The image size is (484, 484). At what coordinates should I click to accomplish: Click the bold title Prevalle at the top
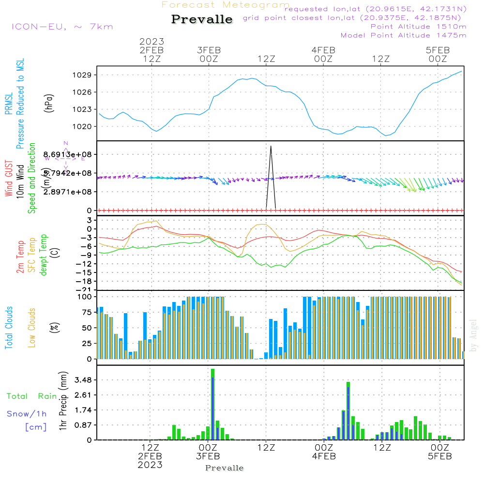[x=202, y=20]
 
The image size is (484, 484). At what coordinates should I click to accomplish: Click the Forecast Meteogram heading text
[x=226, y=5]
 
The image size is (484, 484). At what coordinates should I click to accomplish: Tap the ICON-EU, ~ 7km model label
[x=62, y=27]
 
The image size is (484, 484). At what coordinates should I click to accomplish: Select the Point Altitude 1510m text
[x=418, y=27]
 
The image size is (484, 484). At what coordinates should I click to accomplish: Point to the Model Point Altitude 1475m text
[x=404, y=35]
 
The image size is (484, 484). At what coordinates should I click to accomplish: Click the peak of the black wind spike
[x=271, y=146]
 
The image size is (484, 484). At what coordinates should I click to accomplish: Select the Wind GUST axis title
[x=9, y=179]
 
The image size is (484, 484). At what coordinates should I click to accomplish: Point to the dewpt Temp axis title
[x=44, y=255]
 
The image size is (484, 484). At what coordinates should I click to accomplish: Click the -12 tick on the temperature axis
[x=87, y=264]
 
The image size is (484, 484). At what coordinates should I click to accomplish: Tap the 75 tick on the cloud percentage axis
[x=88, y=312]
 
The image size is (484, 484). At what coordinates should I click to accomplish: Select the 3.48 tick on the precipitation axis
[x=84, y=380]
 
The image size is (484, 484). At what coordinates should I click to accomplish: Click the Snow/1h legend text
[x=27, y=414]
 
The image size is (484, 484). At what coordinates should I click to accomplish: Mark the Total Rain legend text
[x=31, y=396]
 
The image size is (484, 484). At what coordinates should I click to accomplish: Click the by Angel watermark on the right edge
[x=473, y=336]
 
